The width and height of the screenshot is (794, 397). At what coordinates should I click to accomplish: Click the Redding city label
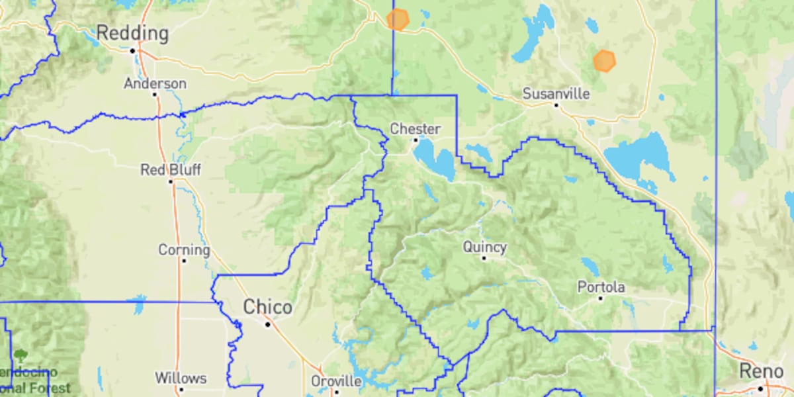(132, 32)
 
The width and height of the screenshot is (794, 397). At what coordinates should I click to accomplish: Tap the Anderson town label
(155, 84)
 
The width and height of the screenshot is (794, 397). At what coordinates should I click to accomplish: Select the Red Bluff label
(170, 170)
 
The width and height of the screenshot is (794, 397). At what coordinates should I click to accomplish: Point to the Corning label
(183, 250)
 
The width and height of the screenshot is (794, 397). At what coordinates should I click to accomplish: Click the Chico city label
(267, 308)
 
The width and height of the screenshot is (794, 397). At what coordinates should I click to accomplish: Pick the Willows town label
(180, 378)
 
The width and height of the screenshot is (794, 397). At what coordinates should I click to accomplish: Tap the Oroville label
(336, 382)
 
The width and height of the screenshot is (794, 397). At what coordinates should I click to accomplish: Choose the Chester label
(415, 129)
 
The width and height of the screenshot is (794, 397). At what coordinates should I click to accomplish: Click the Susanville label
(556, 94)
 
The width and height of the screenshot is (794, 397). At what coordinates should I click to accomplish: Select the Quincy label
(484, 247)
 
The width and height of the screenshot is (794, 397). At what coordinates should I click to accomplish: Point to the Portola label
(601, 287)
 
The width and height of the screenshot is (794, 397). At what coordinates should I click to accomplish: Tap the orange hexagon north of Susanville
(604, 60)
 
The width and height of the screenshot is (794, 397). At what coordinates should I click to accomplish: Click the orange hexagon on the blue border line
(398, 19)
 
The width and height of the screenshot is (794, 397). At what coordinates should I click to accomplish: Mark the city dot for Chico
(267, 324)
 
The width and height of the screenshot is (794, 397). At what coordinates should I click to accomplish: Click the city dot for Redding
(132, 50)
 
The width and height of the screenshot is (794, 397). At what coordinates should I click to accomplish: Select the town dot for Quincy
(484, 258)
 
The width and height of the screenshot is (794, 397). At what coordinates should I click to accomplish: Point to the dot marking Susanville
(556, 105)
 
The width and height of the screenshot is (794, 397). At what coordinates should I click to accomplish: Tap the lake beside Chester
(433, 157)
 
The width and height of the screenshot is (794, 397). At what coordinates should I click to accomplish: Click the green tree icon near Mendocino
(21, 355)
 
